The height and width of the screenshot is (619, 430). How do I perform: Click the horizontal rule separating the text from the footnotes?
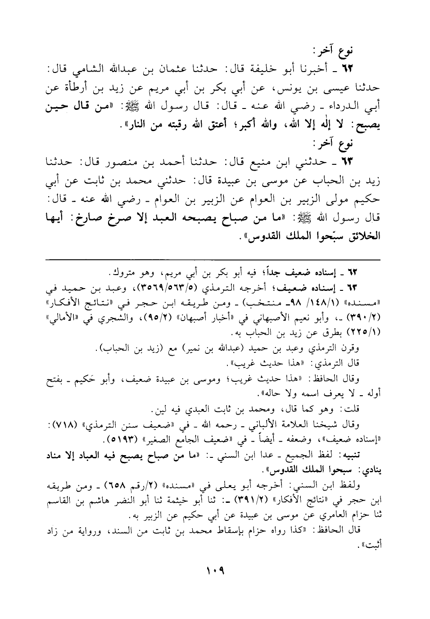click(215, 260)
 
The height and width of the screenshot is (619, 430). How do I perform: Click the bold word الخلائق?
click(362, 235)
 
